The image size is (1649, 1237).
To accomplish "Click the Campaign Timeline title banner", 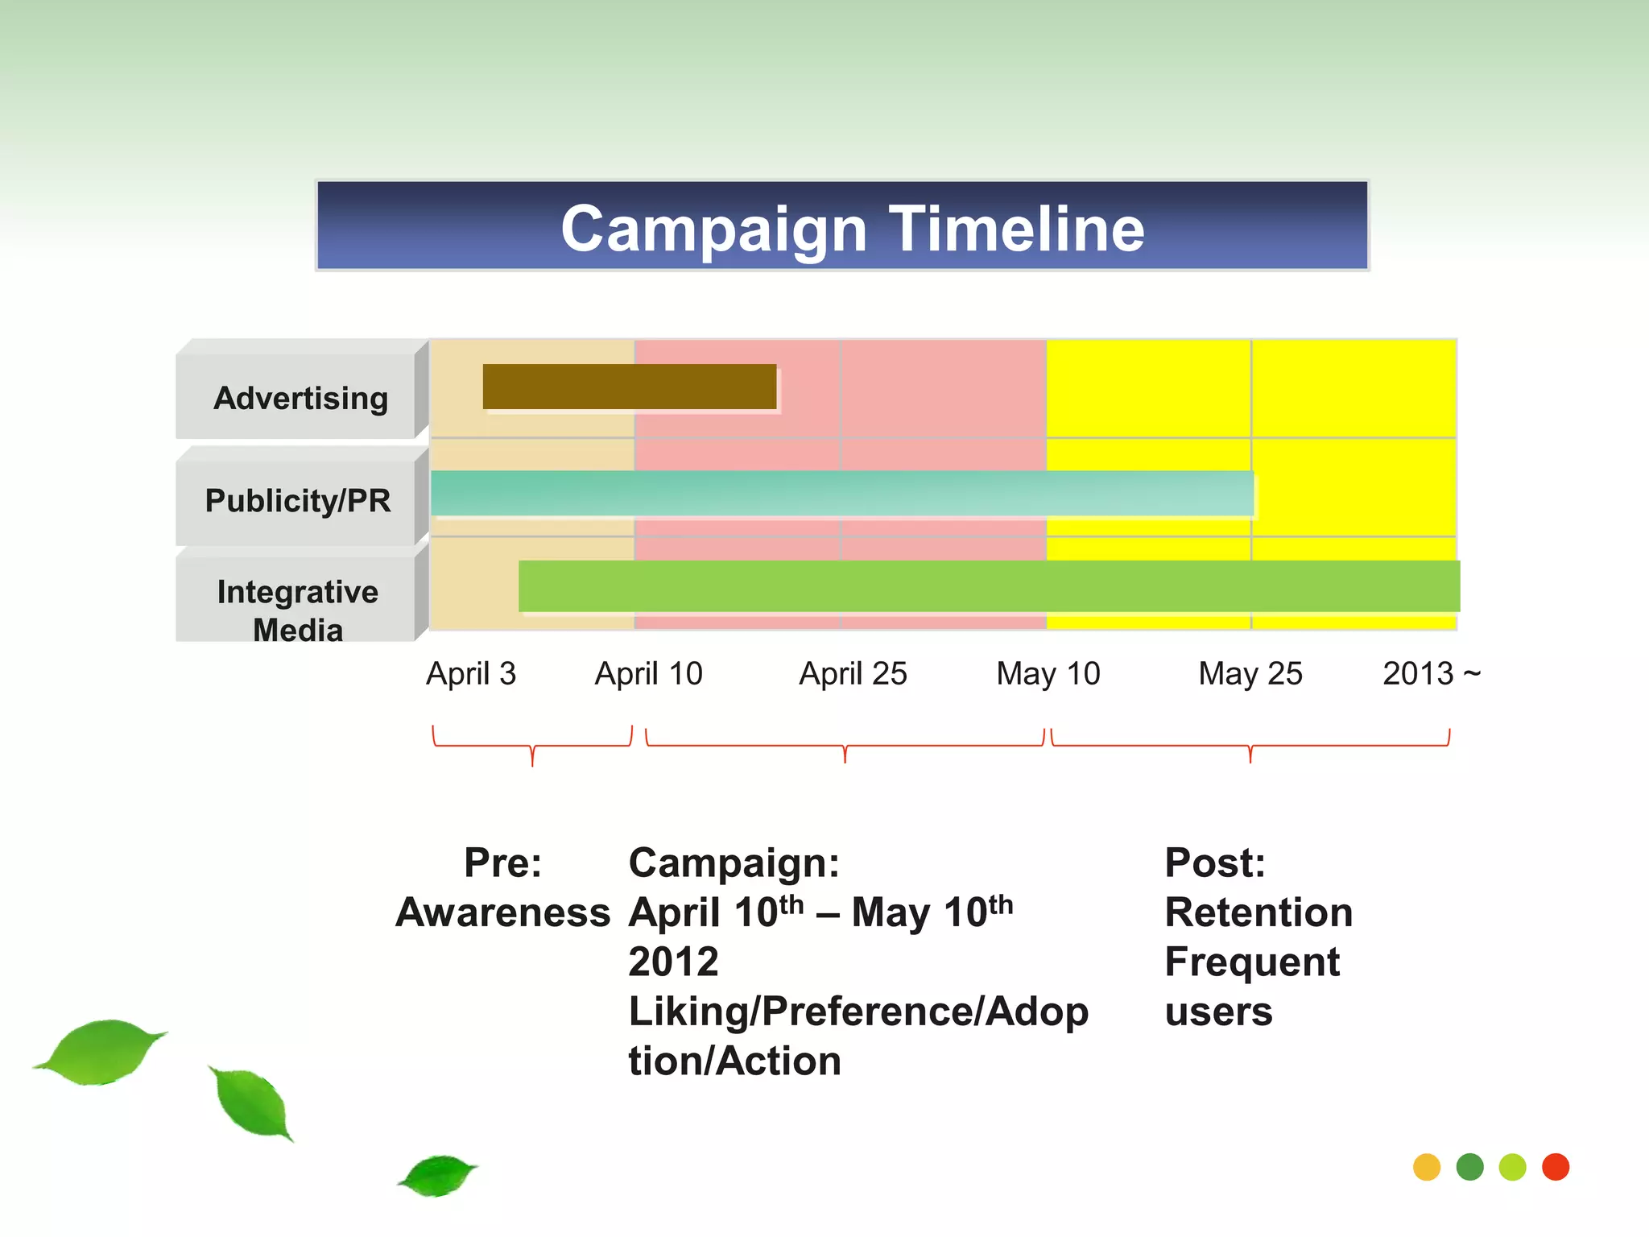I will pyautogui.click(x=842, y=226).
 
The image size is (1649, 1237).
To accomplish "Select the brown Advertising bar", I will pyautogui.click(x=629, y=387).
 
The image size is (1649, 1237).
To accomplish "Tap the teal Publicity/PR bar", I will pyautogui.click(x=841, y=493).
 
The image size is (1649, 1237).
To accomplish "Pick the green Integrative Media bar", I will pyautogui.click(x=989, y=586).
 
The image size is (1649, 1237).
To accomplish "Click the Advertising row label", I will pyautogui.click(x=300, y=398).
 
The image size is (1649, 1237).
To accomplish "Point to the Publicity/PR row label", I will pyautogui.click(x=298, y=500).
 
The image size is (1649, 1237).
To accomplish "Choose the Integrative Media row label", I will pyautogui.click(x=298, y=610).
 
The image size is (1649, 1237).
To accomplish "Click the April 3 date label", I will pyautogui.click(x=471, y=673).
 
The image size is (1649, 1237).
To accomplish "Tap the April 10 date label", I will pyautogui.click(x=648, y=673).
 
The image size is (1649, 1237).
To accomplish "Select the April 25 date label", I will pyautogui.click(x=853, y=673).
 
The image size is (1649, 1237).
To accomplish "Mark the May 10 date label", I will pyautogui.click(x=1048, y=673).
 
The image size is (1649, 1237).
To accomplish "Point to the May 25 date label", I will pyautogui.click(x=1250, y=673).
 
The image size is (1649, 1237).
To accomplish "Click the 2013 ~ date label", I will pyautogui.click(x=1431, y=673).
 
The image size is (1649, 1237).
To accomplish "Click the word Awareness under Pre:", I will pyautogui.click(x=503, y=912).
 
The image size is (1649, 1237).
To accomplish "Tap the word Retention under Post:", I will pyautogui.click(x=1258, y=912).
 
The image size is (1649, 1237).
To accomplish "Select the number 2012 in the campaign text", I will pyautogui.click(x=673, y=962).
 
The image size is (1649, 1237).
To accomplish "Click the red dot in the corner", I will pyautogui.click(x=1555, y=1167).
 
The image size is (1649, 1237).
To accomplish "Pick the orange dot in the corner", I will pyautogui.click(x=1426, y=1167).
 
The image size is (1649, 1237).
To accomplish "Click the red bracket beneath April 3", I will pyautogui.click(x=532, y=746).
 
